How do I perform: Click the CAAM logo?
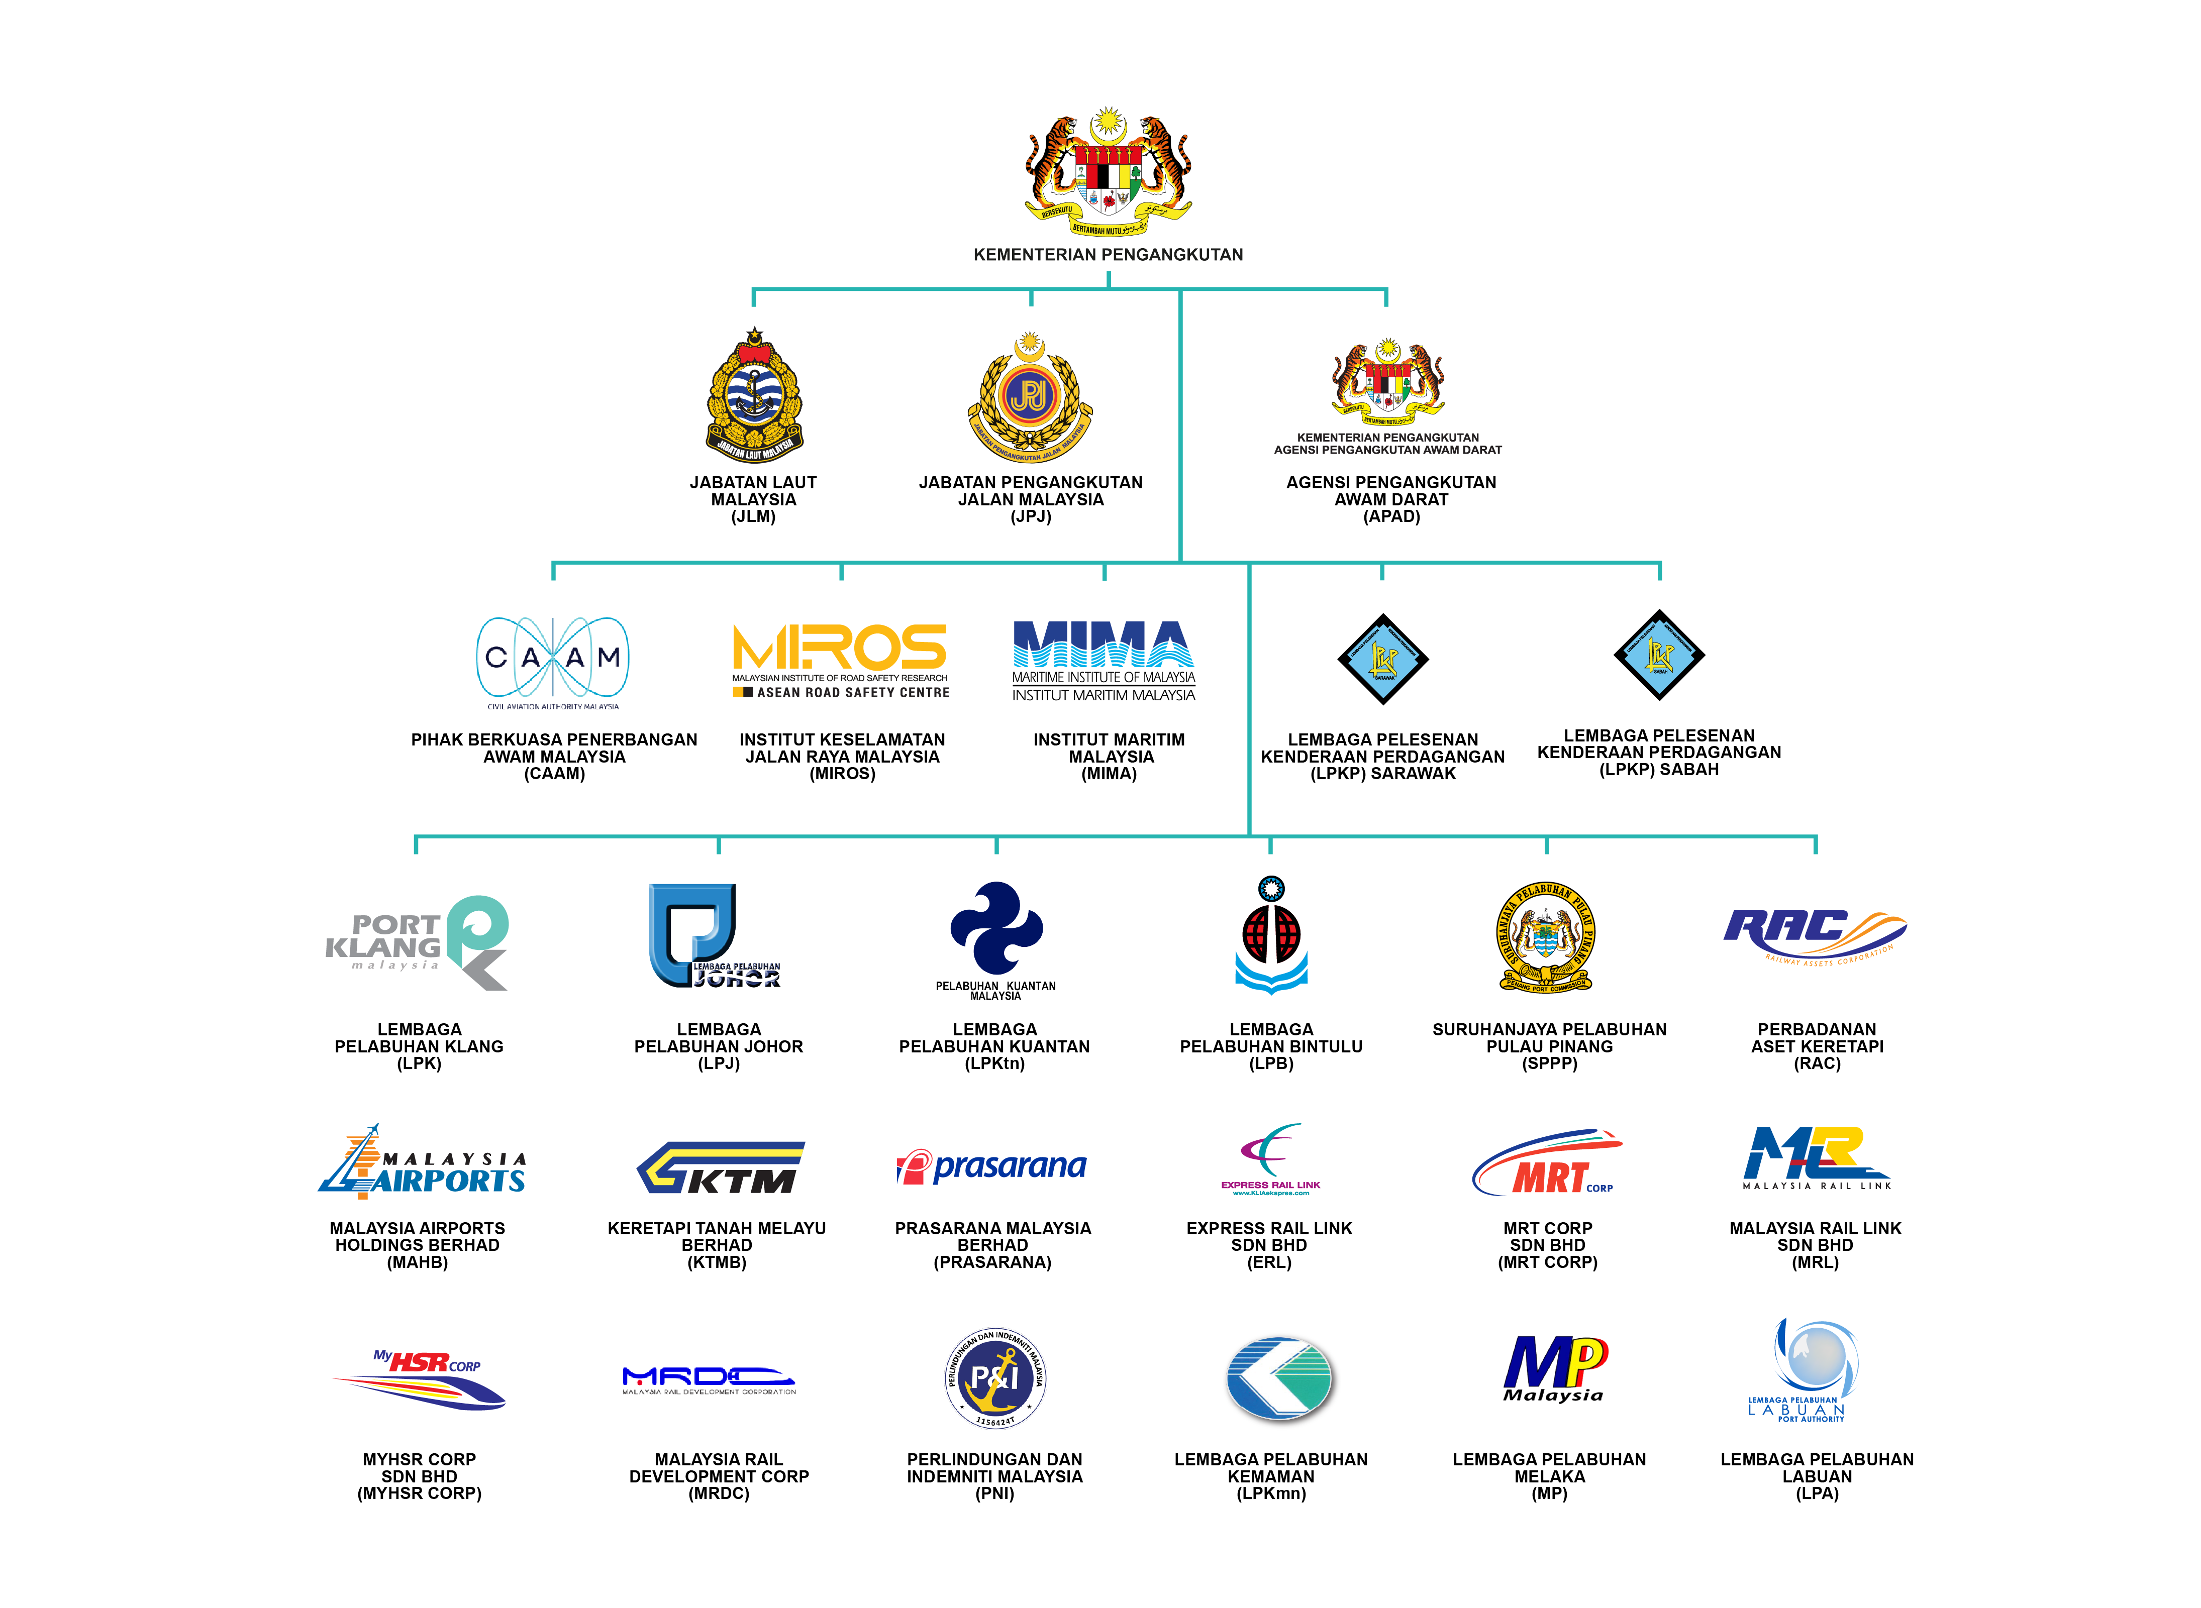coord(553,660)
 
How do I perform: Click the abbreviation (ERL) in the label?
coord(1269,1262)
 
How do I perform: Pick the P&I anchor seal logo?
coord(995,1377)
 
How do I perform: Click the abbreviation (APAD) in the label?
coord(1391,517)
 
